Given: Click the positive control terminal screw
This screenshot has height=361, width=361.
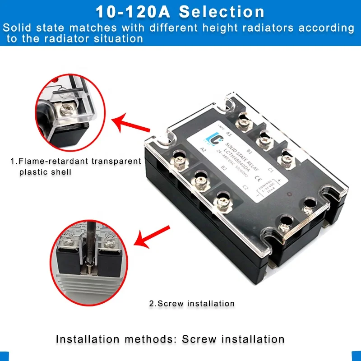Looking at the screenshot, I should pyautogui.click(x=309, y=206).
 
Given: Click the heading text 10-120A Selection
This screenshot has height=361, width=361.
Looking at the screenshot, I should pyautogui.click(x=180, y=12).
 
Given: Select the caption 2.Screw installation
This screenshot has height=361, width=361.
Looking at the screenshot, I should pyautogui.click(x=192, y=303).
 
